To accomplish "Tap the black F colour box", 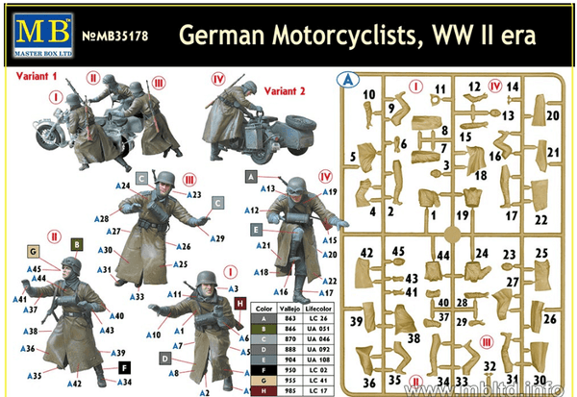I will point(124,366).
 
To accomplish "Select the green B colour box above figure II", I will point(76,245).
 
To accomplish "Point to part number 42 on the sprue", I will point(365,253).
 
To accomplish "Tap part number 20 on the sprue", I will point(553,116).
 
